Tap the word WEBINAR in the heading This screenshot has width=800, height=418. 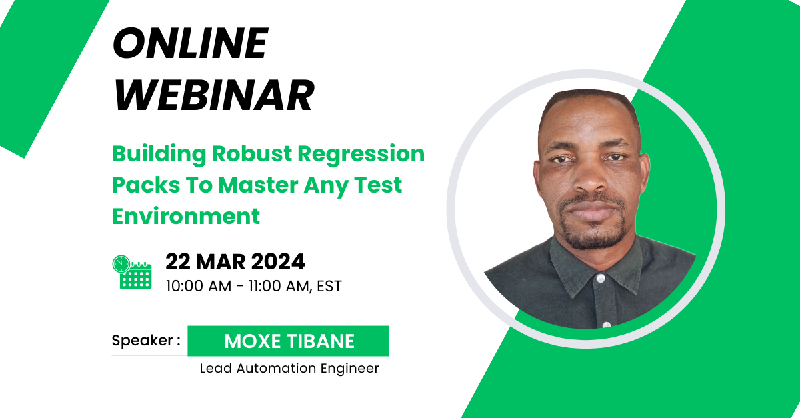click(x=213, y=96)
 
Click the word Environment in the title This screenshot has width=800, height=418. click(x=185, y=216)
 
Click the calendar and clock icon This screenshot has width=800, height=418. click(x=132, y=271)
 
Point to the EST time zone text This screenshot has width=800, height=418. click(x=329, y=286)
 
